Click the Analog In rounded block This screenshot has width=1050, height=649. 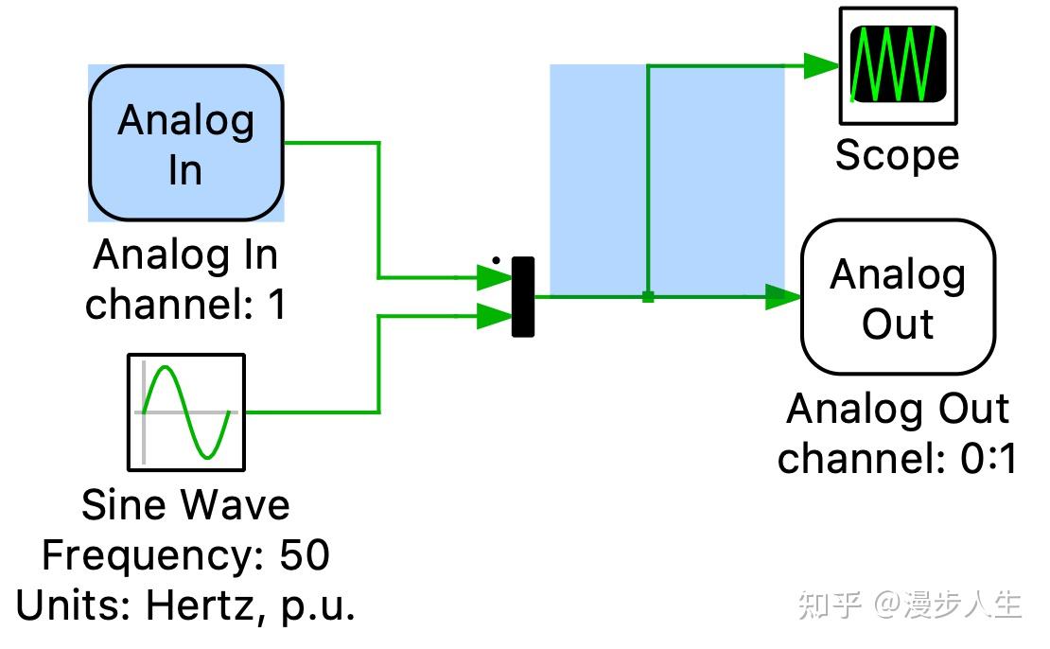point(186,143)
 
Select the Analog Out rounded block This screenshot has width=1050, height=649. point(898,298)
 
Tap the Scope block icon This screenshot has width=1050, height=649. point(898,65)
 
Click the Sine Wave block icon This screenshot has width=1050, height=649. point(186,412)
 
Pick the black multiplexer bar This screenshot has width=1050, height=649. point(523,296)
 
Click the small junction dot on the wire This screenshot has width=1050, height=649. point(648,296)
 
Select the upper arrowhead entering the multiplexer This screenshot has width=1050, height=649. point(493,277)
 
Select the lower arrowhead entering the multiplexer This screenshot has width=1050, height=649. point(493,316)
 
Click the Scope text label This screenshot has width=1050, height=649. point(897,155)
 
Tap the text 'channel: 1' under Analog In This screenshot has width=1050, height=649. point(186,305)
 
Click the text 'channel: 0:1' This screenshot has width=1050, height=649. point(897,459)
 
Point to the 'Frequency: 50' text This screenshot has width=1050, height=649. point(186,555)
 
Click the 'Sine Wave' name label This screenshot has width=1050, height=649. point(186,505)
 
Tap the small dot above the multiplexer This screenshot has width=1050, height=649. point(495,258)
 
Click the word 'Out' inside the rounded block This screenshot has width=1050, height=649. point(898,324)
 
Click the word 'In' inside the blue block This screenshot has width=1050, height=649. point(185,170)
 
